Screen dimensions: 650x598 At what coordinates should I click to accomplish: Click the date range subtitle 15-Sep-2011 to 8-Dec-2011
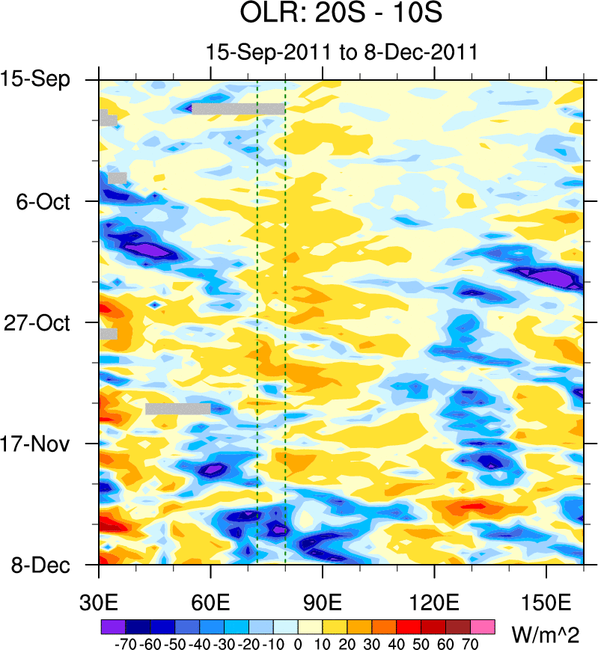coord(341,53)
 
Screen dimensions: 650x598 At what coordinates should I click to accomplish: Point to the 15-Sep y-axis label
coord(46,79)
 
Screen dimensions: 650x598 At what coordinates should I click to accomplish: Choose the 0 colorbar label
coord(298,643)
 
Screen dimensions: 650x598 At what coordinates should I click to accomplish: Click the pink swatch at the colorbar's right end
coord(483,625)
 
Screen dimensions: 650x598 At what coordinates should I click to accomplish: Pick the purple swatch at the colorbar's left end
coord(112,625)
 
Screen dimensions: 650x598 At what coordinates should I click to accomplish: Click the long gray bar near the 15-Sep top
coord(239,108)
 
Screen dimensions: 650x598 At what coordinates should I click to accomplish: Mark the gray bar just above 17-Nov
coord(178,408)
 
